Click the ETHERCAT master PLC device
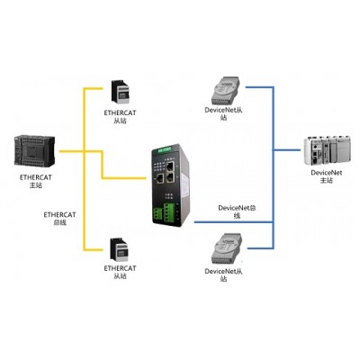pos(34,150)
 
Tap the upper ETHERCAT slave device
pos(120,92)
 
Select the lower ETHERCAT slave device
pos(120,249)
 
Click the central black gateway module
pos(171,185)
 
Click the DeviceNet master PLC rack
pos(327,151)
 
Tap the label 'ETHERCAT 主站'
pos(36,181)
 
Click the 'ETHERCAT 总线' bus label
pos(59,219)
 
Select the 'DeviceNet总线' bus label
pos(237,211)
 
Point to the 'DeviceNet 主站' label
pos(327,176)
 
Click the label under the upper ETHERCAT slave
pos(120,117)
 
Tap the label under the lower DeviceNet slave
pos(223,274)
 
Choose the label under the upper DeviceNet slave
pos(223,113)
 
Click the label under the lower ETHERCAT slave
pos(120,272)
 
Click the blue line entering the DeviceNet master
pos(287,149)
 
